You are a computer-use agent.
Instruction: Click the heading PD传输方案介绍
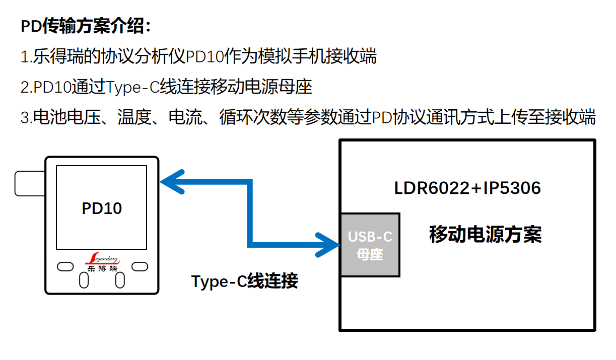(86, 26)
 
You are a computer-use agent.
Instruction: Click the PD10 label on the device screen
(102, 208)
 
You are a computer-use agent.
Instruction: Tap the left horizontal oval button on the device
(65, 266)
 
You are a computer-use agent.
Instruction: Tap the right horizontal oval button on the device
(140, 266)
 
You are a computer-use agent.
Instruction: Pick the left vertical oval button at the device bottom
(84, 280)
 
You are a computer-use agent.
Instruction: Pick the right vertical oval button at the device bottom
(120, 280)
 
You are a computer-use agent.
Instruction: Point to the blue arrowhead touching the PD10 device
(171, 182)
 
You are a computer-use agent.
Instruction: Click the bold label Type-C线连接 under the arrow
(244, 281)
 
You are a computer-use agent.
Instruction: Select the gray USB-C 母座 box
(370, 245)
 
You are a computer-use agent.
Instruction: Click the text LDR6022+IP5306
(467, 188)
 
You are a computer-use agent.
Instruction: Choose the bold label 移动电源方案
(485, 235)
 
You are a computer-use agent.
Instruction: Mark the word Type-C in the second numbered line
(133, 87)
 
